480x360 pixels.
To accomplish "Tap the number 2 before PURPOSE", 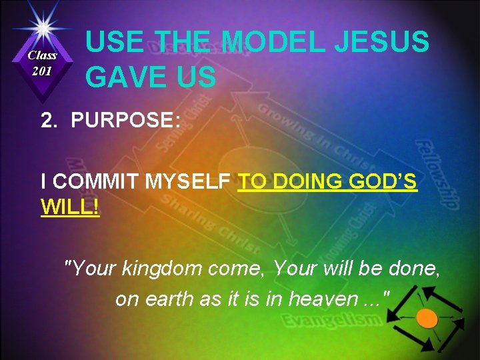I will [x=47, y=120].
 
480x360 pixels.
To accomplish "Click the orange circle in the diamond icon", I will [x=427, y=318].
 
